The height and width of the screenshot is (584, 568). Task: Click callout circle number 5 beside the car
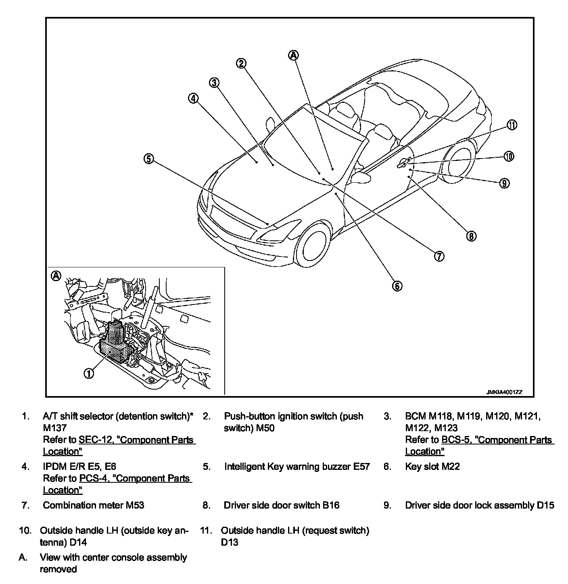pyautogui.click(x=149, y=159)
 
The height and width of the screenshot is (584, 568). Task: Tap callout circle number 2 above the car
pyautogui.click(x=241, y=63)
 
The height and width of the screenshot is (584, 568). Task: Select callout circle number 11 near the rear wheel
pyautogui.click(x=512, y=125)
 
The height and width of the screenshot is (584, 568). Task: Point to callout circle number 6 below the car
pyautogui.click(x=397, y=286)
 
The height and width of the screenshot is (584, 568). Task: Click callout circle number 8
pyautogui.click(x=471, y=236)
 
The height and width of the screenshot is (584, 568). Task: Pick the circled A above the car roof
pyautogui.click(x=294, y=55)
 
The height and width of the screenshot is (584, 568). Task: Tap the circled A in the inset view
pyautogui.click(x=56, y=276)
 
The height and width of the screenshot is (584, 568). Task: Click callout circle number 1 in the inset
pyautogui.click(x=89, y=373)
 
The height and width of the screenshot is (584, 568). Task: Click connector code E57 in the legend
pyautogui.click(x=361, y=467)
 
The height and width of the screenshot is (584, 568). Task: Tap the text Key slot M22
pyautogui.click(x=432, y=467)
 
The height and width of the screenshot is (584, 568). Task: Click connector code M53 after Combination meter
pyautogui.click(x=134, y=505)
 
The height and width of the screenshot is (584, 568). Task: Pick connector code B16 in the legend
pyautogui.click(x=330, y=505)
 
